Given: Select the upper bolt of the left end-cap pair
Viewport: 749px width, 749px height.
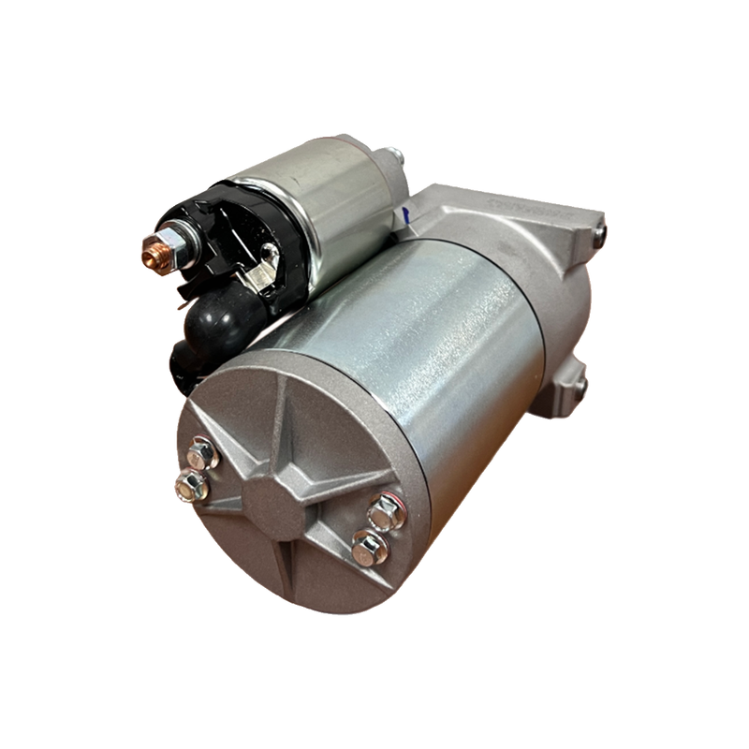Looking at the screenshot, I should tap(202, 456).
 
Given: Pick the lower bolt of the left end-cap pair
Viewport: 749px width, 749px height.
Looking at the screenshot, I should tap(191, 484).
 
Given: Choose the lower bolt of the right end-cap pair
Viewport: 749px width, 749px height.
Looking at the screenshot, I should tap(370, 546).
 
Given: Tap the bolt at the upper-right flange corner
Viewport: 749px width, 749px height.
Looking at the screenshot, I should tap(598, 228).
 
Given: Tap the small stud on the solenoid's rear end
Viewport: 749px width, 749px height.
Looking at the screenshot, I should tap(397, 154).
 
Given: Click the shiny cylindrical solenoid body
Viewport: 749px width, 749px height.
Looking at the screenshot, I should tap(318, 211).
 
